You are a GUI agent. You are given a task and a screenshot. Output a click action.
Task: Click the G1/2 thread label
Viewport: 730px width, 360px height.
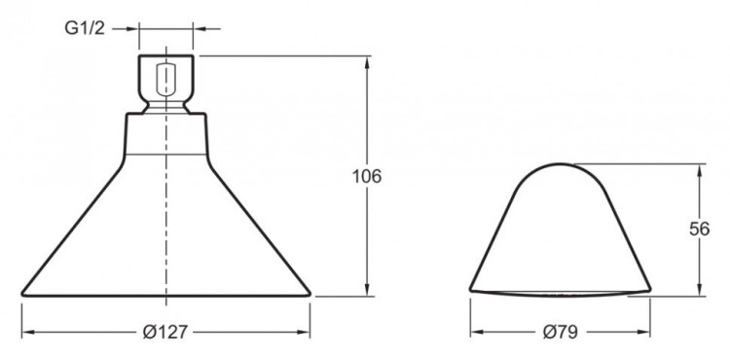click(85, 29)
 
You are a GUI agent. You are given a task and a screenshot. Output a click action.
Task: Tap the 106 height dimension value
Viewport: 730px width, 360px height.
click(367, 176)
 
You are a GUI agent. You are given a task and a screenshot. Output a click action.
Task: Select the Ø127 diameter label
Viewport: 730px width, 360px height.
click(165, 332)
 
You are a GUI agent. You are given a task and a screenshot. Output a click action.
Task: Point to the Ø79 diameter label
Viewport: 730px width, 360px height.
click(561, 332)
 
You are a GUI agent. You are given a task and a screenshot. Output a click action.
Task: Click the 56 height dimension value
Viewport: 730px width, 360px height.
click(699, 230)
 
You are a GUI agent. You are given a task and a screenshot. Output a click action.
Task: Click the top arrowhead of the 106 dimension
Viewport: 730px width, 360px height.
click(367, 63)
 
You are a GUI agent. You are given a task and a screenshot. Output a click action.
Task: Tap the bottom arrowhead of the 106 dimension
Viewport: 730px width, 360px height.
click(367, 288)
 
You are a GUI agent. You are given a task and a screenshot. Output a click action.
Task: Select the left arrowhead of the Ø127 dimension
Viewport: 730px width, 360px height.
click(29, 332)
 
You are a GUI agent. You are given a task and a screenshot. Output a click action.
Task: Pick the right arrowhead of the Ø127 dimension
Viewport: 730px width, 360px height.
click(303, 332)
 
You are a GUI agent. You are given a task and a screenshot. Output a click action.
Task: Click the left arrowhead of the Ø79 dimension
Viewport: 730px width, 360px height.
click(478, 332)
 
